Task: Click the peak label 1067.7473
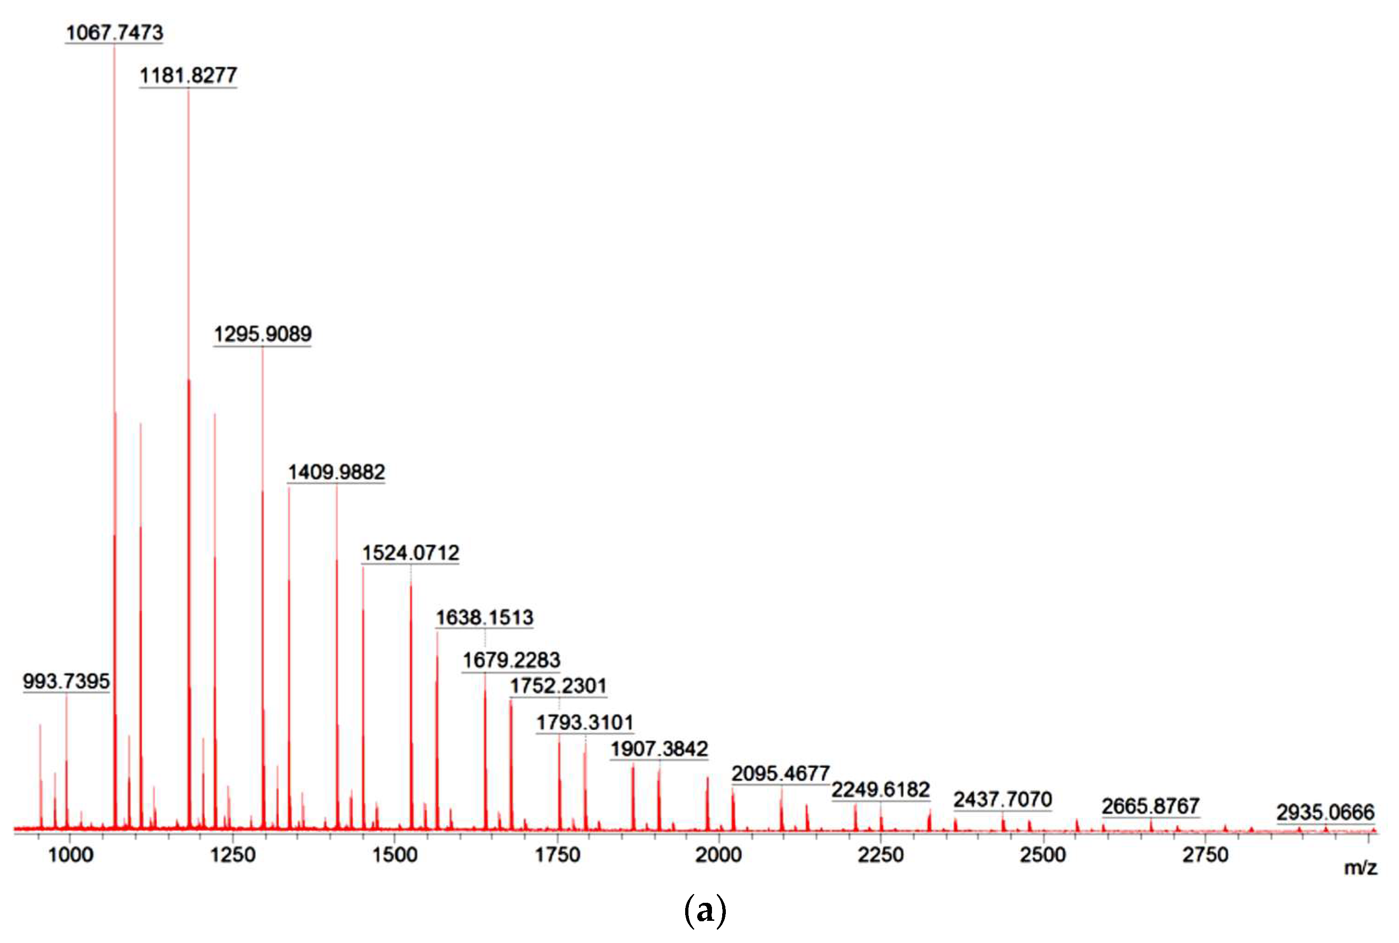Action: pos(114,32)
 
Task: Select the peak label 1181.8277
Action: pos(188,76)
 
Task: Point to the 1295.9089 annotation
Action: pos(263,335)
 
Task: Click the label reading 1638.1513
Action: pos(485,618)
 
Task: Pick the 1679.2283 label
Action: pos(511,660)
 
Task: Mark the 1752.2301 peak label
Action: pos(559,686)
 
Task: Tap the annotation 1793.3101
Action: pos(585,722)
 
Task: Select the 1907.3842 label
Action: pos(659,749)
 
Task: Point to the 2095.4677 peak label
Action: pos(781,773)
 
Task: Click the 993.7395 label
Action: pos(66,681)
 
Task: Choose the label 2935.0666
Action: pos(1326,813)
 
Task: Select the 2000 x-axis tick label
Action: pos(718,855)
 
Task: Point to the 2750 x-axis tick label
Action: pos(1205,855)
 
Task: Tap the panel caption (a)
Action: pos(705,911)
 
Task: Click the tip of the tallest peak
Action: pos(114,46)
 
